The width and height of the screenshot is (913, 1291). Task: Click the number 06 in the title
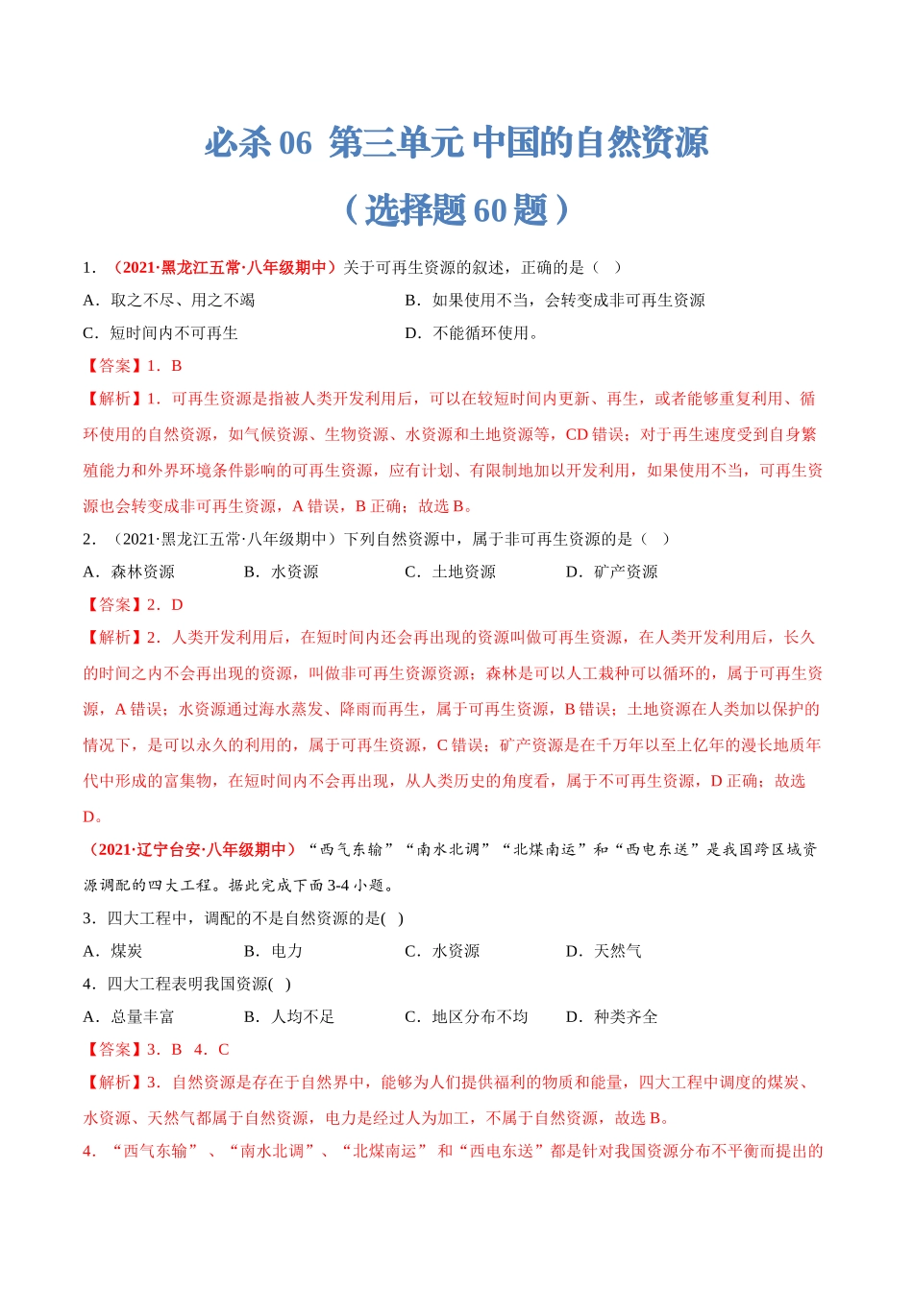[x=295, y=143]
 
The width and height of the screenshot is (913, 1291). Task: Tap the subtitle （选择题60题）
[x=456, y=209]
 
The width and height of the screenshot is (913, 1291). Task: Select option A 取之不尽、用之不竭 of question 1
[x=169, y=300]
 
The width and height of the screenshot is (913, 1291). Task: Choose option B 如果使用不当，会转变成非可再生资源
[x=555, y=300]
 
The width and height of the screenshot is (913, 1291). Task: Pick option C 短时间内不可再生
[x=160, y=332]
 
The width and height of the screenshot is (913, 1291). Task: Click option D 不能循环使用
[x=472, y=332]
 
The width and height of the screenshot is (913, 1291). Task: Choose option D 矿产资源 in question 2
[x=611, y=572]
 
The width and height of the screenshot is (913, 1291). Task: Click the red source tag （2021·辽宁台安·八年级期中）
[x=191, y=849]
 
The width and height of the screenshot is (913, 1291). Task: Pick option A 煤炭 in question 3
[x=112, y=950]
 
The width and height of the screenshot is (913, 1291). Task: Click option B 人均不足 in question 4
[x=289, y=1016]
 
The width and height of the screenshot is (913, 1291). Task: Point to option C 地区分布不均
[x=466, y=1016]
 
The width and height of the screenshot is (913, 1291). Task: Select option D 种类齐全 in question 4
[x=611, y=1016]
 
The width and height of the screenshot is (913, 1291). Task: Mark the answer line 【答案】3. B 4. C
[x=157, y=1049]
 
